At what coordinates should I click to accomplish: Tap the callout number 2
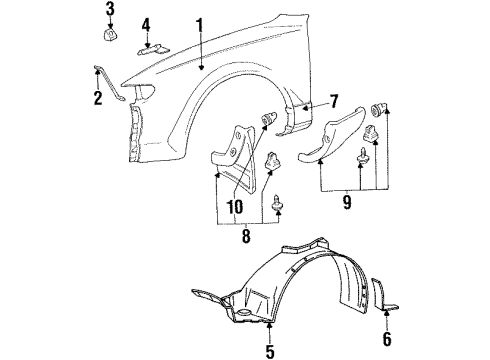[x=98, y=98]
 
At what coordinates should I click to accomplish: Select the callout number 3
[x=110, y=9]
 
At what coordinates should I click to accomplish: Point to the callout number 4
[x=146, y=25]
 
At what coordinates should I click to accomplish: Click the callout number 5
[x=270, y=351]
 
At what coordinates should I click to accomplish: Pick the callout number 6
[x=387, y=339]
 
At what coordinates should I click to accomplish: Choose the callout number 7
[x=334, y=101]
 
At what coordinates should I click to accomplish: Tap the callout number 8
[x=246, y=236]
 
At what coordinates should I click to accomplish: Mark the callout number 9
[x=347, y=202]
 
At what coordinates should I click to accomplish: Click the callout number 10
[x=235, y=207]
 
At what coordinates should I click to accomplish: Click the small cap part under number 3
[x=111, y=34]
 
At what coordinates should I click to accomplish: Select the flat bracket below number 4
[x=154, y=50]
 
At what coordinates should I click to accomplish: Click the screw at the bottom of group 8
[x=277, y=203]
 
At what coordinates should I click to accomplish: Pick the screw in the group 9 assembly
[x=360, y=155]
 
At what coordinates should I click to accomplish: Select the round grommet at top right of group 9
[x=379, y=110]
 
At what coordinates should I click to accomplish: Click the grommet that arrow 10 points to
[x=268, y=118]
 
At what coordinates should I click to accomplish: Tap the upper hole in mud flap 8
[x=239, y=135]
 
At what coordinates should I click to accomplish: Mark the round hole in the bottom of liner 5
[x=244, y=312]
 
